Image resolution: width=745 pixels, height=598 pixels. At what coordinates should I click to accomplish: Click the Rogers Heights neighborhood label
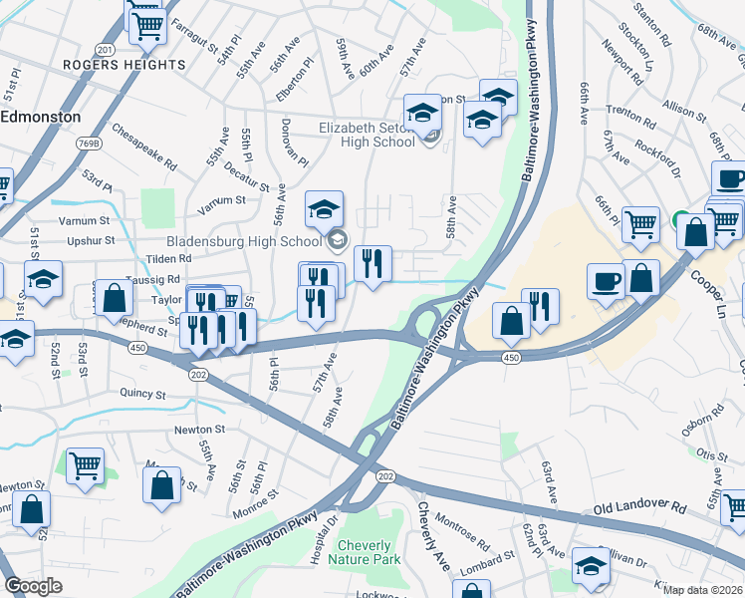124,65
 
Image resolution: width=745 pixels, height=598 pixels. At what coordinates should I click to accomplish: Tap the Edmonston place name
41,117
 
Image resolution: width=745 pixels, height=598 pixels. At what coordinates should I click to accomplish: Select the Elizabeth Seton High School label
366,135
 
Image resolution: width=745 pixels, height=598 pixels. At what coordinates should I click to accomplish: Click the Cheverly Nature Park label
370,552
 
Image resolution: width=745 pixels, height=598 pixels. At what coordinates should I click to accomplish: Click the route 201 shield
106,49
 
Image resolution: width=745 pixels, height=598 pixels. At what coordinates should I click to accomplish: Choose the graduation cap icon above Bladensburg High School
324,211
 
